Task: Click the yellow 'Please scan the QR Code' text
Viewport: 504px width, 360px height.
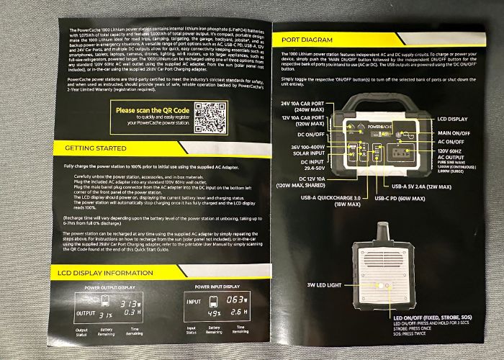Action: [x=152, y=110]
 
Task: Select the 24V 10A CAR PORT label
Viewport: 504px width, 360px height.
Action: [x=305, y=107]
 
